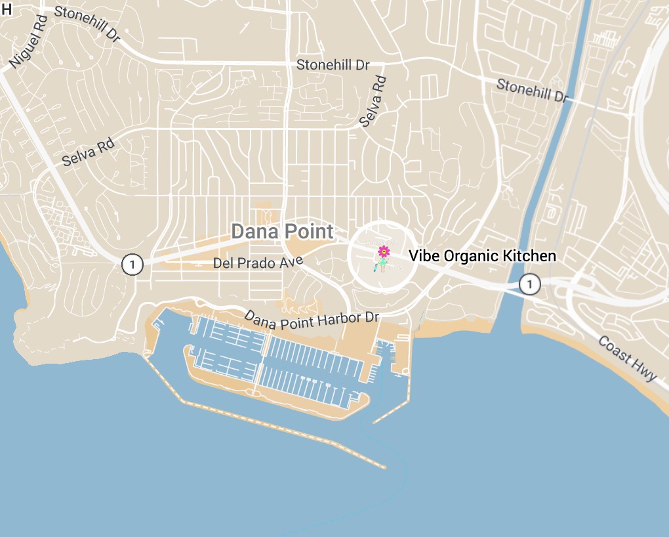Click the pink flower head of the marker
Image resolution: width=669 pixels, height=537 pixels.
(384, 251)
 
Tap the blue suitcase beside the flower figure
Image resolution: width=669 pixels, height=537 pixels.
(376, 267)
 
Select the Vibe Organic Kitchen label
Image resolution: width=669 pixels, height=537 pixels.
(483, 256)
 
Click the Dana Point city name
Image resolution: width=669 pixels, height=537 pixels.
(282, 231)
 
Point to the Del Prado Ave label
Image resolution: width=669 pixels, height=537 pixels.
(258, 263)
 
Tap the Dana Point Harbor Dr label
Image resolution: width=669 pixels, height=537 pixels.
(312, 318)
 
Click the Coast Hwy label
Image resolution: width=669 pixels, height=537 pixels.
(627, 358)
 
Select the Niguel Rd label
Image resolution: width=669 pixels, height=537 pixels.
(26, 42)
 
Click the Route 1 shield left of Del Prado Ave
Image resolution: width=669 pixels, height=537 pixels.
(132, 265)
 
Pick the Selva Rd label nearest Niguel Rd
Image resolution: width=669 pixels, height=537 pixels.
(88, 152)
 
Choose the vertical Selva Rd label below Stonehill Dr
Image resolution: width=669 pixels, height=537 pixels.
(373, 101)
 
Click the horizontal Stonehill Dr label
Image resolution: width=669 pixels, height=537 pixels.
(333, 65)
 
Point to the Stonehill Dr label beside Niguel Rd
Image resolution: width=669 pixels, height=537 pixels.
(87, 24)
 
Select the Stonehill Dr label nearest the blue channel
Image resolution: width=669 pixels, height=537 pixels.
(532, 90)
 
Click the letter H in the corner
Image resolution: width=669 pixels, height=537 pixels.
(7, 8)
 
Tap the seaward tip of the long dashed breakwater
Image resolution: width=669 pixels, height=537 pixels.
(384, 467)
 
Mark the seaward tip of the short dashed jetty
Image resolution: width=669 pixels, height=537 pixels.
(375, 422)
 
